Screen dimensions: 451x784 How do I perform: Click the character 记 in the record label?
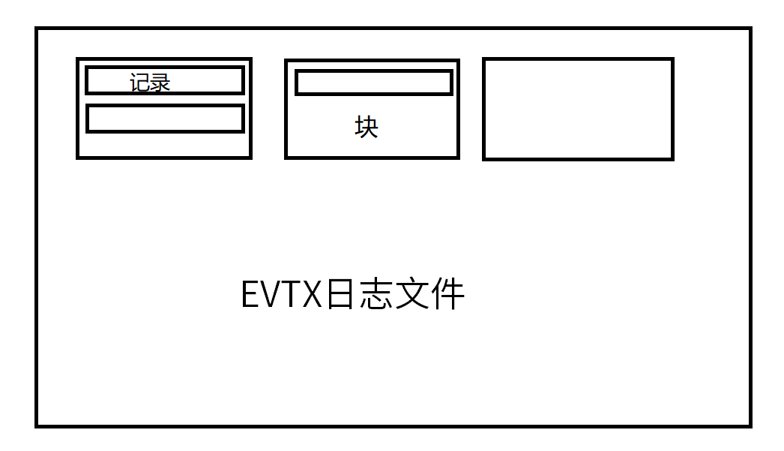coord(140,83)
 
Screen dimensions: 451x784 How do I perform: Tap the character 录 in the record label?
coord(160,83)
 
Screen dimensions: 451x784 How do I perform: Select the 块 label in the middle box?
coord(367,127)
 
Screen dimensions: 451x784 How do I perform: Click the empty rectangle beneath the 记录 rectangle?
coord(165,119)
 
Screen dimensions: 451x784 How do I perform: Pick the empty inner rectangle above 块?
coord(374,83)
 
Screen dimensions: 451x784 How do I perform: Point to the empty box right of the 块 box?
coord(578,109)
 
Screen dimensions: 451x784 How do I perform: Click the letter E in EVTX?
coord(251,294)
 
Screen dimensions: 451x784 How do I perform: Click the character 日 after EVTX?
coord(339,294)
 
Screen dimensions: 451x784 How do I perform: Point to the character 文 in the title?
coord(411,294)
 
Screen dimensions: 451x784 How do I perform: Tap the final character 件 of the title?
coord(447,294)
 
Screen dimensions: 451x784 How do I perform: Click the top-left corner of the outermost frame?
coord(37,29)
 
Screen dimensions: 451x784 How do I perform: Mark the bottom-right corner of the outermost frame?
coord(750,425)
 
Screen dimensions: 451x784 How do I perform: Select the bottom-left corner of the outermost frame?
coord(37,425)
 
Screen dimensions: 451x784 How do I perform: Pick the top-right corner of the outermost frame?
coord(750,29)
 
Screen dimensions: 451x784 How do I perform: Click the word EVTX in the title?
coord(281,294)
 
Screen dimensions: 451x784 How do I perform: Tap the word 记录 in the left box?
coord(150,83)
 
